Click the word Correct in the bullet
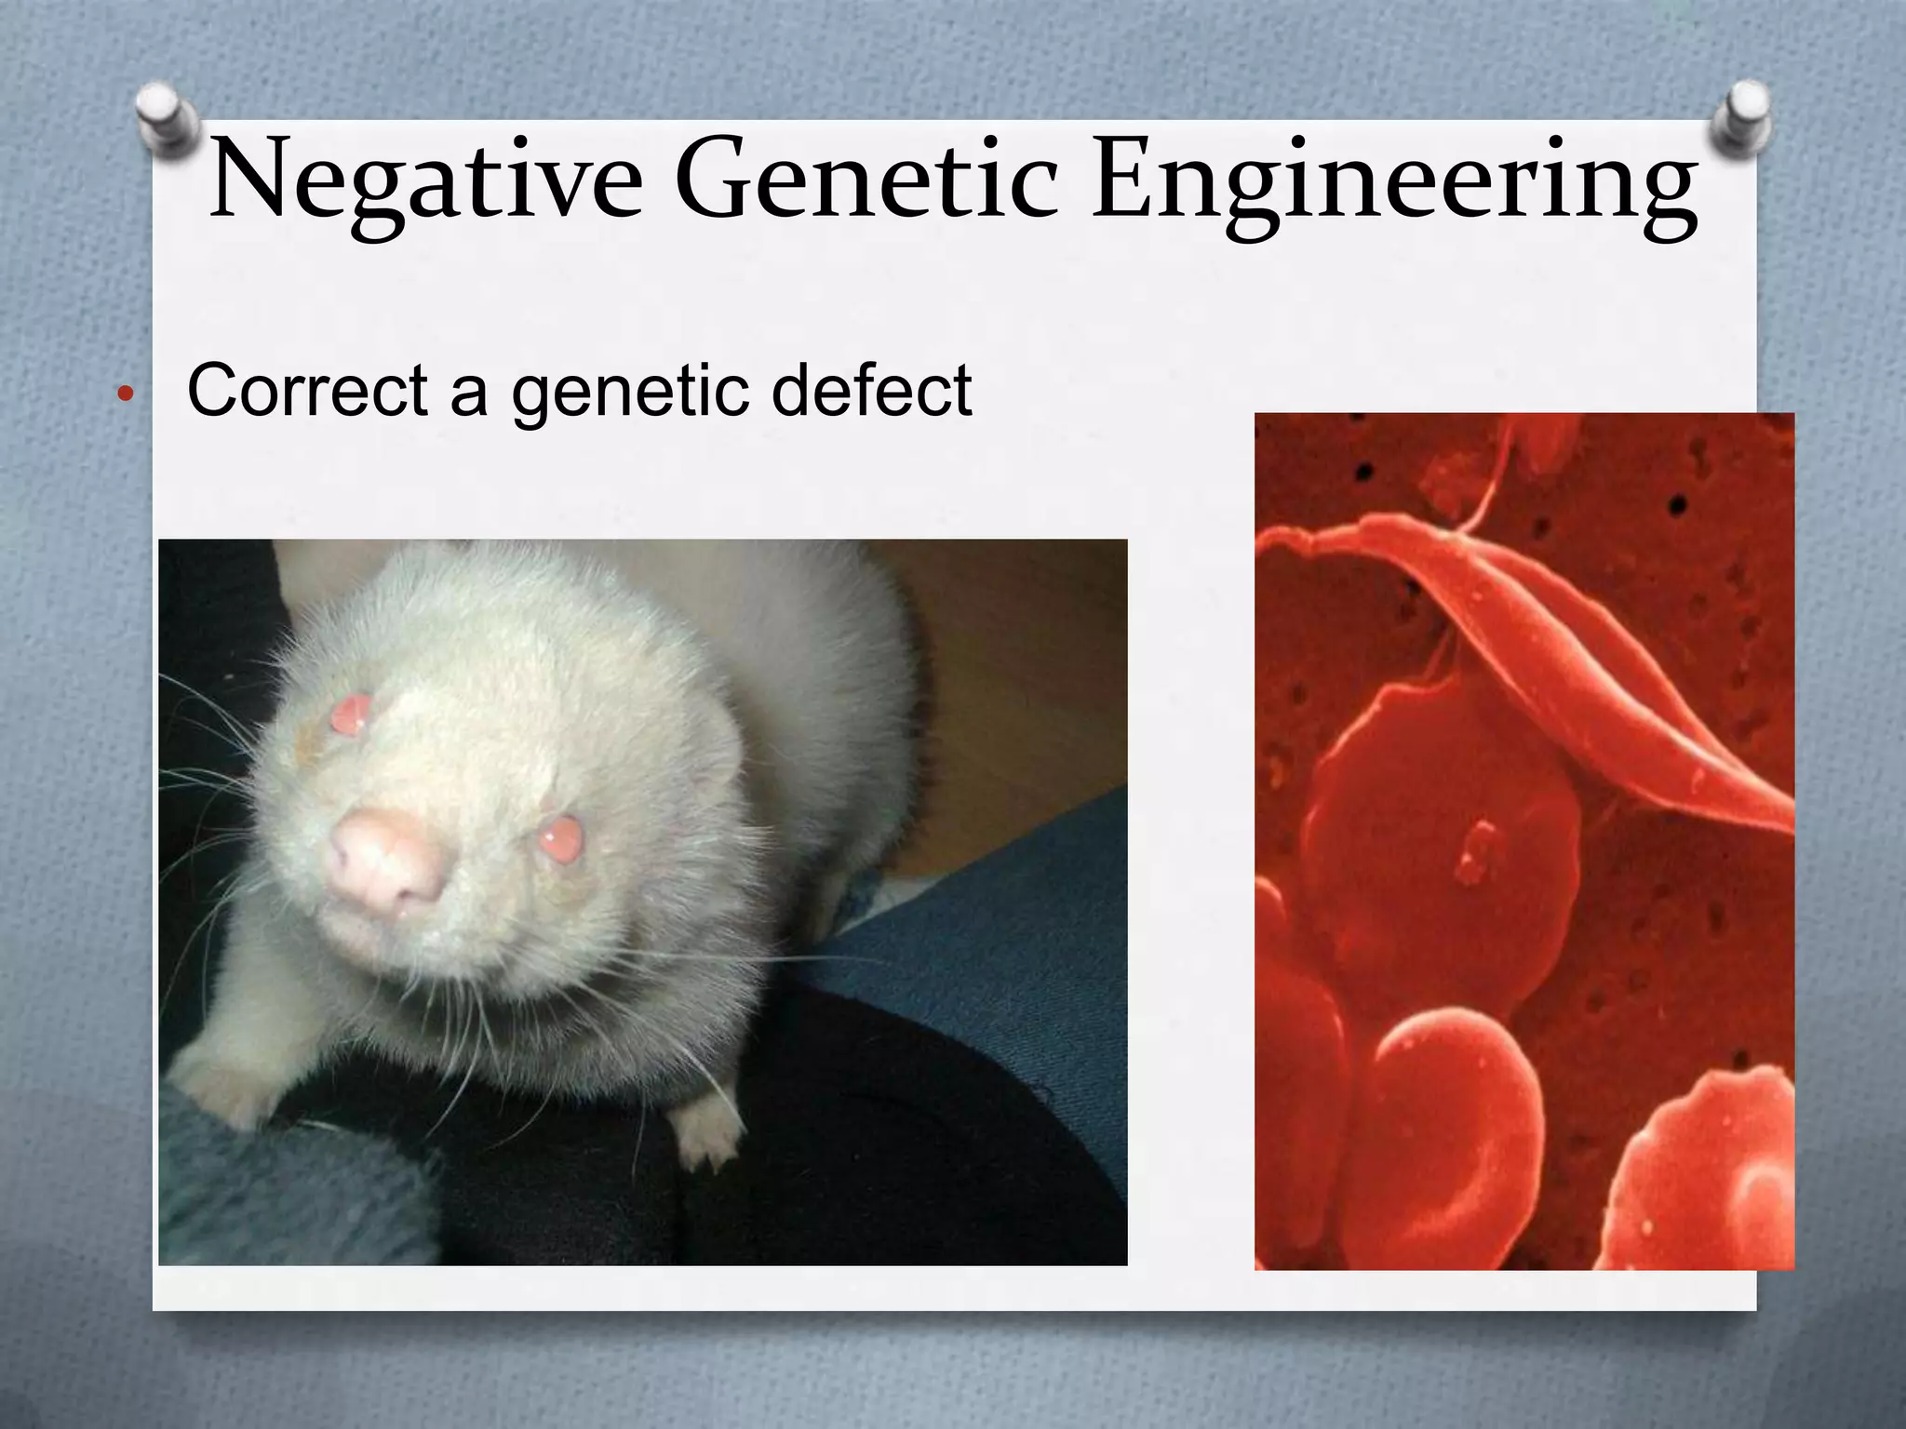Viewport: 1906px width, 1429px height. pos(307,390)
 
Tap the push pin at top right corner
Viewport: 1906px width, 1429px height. pos(1741,117)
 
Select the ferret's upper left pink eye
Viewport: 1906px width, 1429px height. pos(351,714)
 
